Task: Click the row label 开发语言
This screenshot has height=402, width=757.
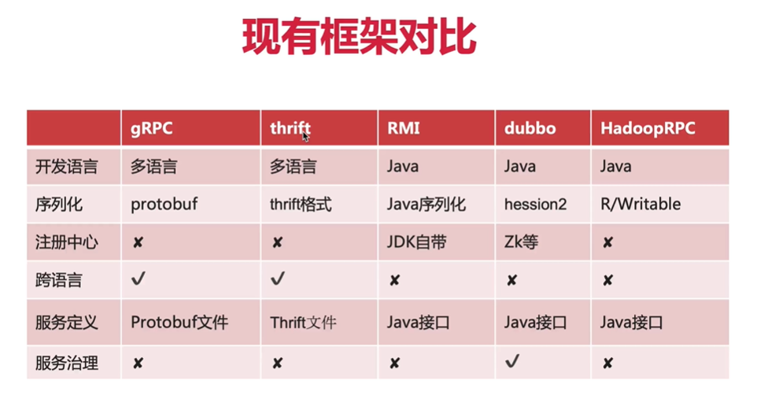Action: [68, 167]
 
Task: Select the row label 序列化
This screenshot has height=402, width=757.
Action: [59, 205]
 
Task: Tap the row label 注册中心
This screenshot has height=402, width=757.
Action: [68, 242]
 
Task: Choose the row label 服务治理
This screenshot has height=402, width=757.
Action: [68, 363]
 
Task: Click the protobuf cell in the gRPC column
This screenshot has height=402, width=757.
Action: [164, 205]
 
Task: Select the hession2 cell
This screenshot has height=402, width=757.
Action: [535, 205]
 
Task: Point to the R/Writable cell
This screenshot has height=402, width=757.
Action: [640, 205]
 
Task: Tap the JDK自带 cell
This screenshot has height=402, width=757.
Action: [416, 242]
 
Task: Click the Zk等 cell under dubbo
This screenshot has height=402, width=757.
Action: [521, 242]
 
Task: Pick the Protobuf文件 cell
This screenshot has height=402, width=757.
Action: [179, 322]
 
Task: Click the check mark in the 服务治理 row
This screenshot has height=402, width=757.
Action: [512, 362]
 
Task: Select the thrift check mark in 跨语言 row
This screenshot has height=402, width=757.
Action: [277, 279]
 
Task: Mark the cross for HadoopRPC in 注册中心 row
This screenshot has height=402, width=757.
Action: [607, 243]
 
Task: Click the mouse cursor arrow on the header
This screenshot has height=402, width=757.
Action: [305, 136]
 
